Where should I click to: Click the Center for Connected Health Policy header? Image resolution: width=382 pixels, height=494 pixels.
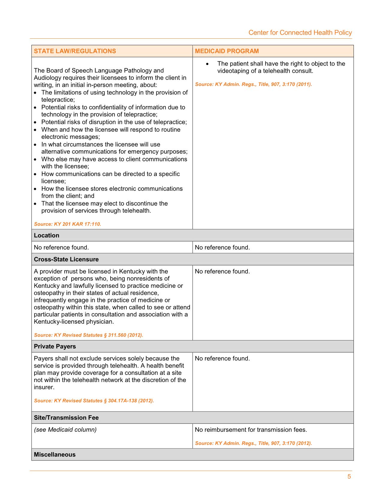pos(300,33)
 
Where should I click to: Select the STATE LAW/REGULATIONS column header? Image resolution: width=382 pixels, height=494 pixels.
pos(75,51)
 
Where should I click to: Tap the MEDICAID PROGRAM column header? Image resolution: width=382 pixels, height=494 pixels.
pos(227,51)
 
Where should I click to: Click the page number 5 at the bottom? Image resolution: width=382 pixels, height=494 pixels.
pos(349,477)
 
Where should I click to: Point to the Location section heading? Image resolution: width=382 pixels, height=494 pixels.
pos(46,235)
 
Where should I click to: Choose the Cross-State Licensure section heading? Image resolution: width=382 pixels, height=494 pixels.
pos(66,259)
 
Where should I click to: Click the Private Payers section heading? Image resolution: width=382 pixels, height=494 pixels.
pos(55,346)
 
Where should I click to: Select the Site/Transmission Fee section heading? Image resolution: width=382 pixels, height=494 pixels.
pos(66,418)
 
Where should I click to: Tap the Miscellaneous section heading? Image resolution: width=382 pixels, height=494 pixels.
pos(55,454)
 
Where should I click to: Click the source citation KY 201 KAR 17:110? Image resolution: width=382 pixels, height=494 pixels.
pos(67,224)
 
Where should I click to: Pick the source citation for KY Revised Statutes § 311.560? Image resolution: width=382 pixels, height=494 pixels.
pos(88,335)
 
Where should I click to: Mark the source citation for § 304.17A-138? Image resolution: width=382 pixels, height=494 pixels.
pos(94,401)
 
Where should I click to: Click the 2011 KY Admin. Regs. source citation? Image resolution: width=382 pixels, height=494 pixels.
pos(253,84)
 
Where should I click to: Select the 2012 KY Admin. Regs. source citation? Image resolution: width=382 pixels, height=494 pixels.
pos(253,443)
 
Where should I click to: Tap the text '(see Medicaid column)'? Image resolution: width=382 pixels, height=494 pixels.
pos(65,430)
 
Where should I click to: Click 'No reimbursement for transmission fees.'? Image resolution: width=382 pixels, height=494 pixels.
pos(251,430)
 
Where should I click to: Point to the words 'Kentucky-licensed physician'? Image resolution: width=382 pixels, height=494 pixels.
pos(73,322)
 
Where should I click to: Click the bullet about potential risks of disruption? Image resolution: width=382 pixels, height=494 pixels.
pos(114,122)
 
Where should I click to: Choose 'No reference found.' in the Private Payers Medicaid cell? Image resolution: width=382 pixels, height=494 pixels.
pos(222,358)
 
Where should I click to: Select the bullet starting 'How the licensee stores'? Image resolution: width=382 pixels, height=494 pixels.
pos(112,192)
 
